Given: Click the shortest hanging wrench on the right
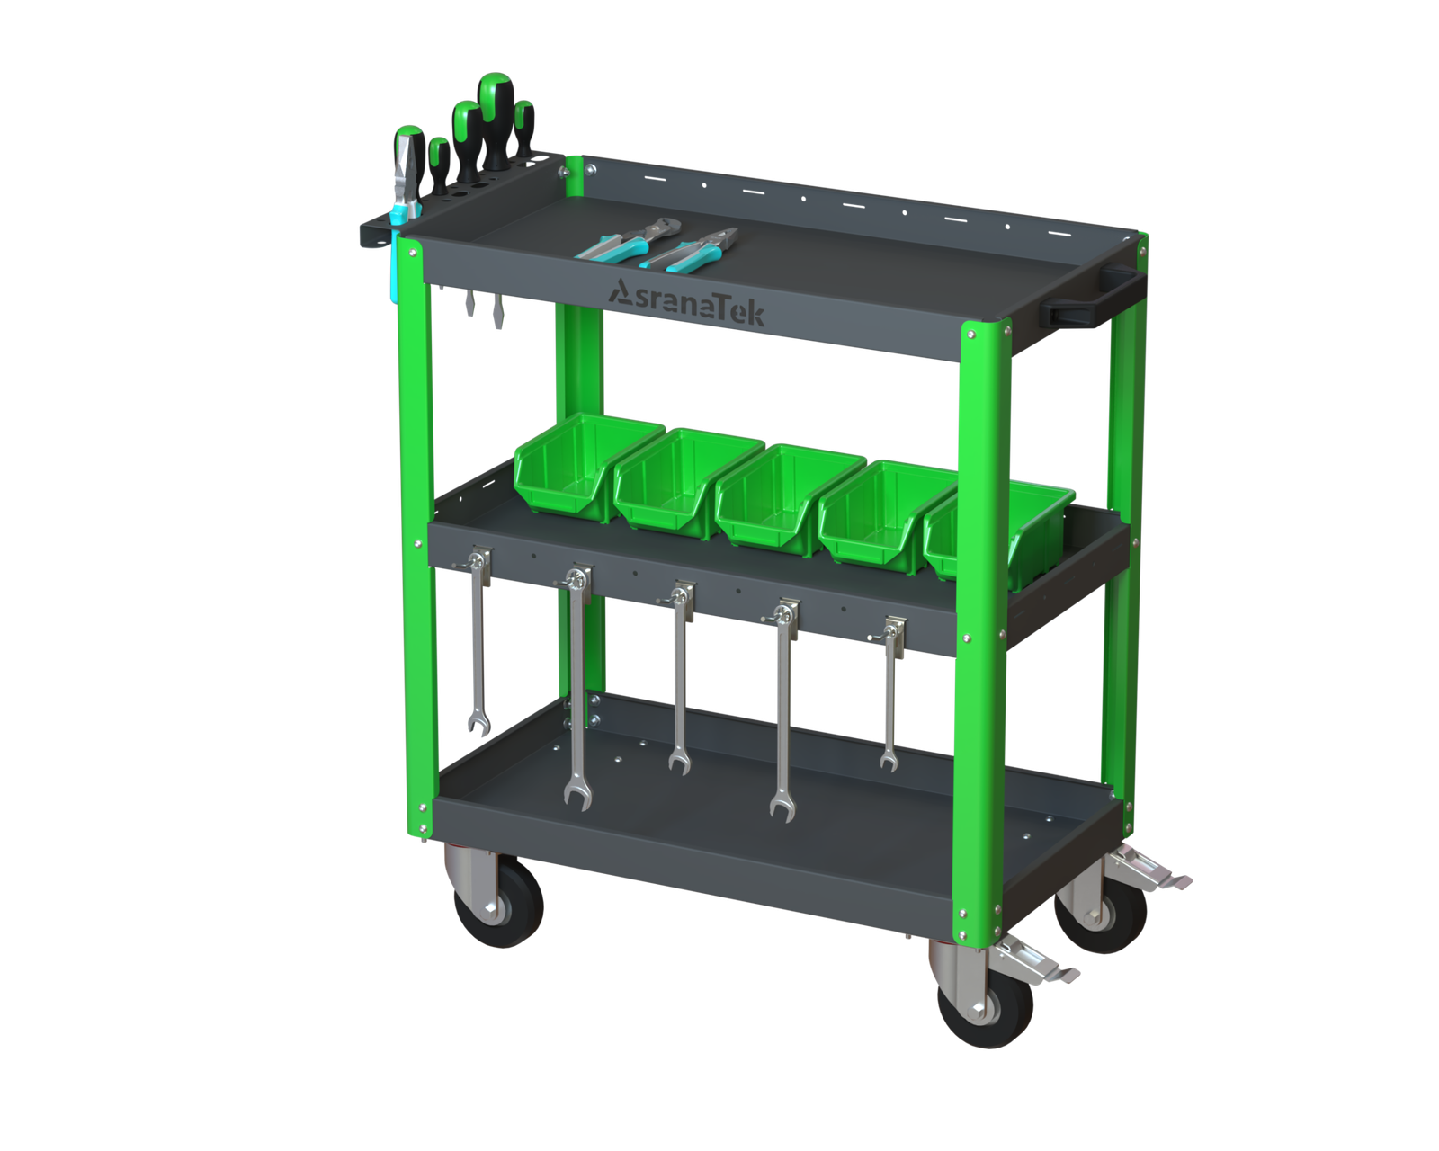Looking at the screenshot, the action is tap(890, 694).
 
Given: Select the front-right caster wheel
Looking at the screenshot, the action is tap(984, 1004).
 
